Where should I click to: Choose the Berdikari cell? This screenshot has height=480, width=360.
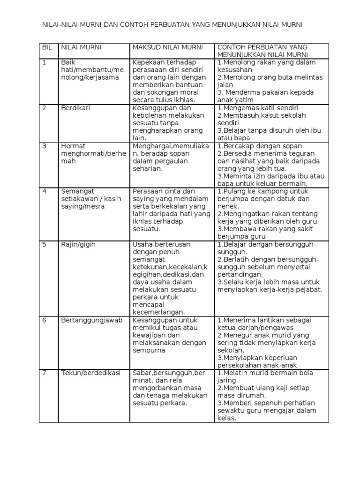(75, 108)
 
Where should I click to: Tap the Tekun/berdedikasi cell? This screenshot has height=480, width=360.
(90, 373)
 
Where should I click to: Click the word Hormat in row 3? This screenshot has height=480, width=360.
(73, 146)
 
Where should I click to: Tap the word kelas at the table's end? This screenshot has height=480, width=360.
(227, 418)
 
